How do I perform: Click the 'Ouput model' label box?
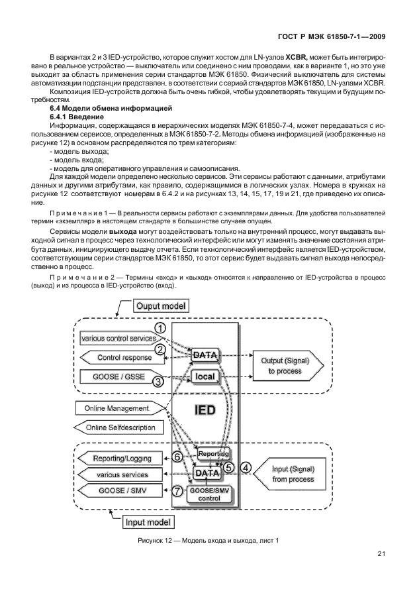[x=161, y=306]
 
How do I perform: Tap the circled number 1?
[x=160, y=328]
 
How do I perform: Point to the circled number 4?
[x=246, y=467]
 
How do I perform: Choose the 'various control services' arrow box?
[x=118, y=339]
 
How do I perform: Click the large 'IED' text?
[x=204, y=410]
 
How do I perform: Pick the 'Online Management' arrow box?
[x=116, y=408]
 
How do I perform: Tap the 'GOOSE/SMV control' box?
[x=209, y=494]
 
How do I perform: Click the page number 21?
[x=381, y=554]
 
